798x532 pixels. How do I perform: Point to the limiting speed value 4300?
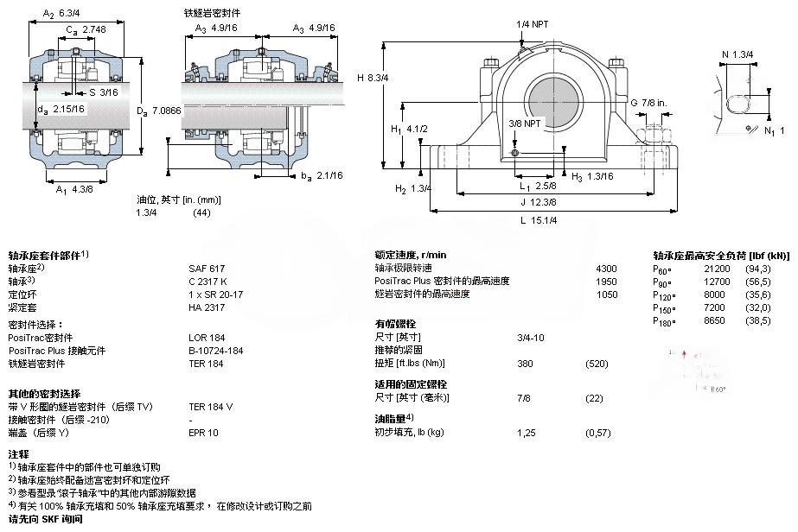(x=607, y=268)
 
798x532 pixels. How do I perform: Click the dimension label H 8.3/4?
(x=373, y=78)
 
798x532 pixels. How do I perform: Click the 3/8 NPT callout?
(x=526, y=123)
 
